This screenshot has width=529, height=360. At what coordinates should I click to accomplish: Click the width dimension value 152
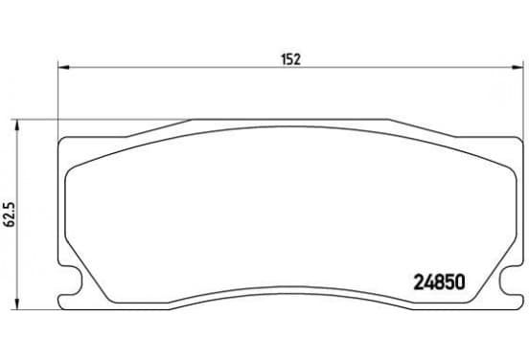point(290,59)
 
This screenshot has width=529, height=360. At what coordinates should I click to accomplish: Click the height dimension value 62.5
point(10,214)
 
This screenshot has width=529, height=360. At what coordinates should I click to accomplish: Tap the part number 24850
point(439,282)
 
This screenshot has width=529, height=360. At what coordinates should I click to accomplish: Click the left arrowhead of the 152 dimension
point(63,67)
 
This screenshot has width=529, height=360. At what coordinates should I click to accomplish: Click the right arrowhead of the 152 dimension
point(517,67)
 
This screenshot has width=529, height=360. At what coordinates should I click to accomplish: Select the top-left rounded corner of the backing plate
point(60,140)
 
